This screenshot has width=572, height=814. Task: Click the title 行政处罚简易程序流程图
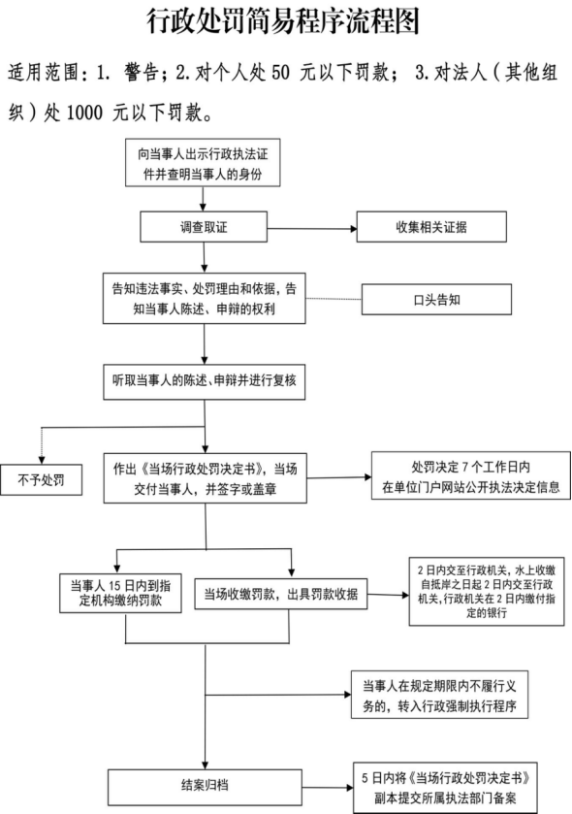click(x=283, y=21)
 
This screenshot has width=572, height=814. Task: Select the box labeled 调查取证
click(x=204, y=227)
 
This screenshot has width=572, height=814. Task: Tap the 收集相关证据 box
click(x=431, y=227)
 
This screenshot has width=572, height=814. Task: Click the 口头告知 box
click(x=436, y=300)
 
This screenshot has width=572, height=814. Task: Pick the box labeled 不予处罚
click(x=41, y=479)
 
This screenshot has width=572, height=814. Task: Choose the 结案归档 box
click(x=205, y=787)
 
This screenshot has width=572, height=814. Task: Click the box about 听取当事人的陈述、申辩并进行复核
click(x=205, y=381)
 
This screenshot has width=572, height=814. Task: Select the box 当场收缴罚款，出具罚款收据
click(x=280, y=594)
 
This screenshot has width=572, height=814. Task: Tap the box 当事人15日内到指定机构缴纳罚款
click(x=120, y=594)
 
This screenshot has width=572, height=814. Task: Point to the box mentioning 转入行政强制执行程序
click(x=440, y=695)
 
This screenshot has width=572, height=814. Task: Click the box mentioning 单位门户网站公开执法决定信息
click(x=471, y=476)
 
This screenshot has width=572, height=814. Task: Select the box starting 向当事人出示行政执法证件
click(x=203, y=162)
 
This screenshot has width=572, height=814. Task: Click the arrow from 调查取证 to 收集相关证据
click(x=312, y=228)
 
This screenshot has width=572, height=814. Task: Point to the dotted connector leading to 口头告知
click(x=334, y=299)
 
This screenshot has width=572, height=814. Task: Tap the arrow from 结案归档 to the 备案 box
click(x=328, y=788)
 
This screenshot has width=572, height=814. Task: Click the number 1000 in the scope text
click(x=85, y=113)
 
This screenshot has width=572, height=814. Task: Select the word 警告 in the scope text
click(x=142, y=73)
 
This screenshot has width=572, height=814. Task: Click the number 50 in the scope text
click(x=280, y=73)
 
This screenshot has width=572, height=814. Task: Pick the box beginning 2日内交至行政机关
click(x=487, y=591)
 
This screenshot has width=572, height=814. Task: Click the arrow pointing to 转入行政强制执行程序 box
click(x=278, y=695)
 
